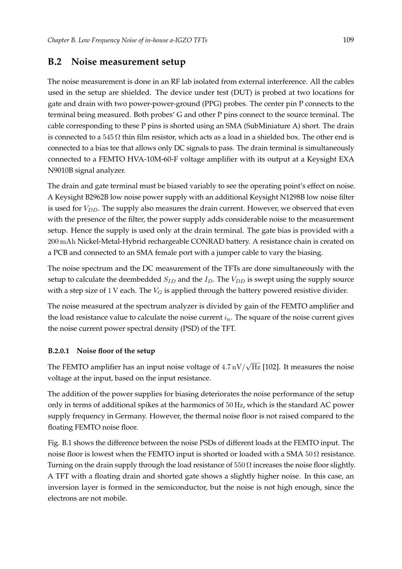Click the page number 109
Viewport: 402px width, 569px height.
pyautogui.click(x=348, y=40)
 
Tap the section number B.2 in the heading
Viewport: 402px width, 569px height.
pyautogui.click(x=55, y=62)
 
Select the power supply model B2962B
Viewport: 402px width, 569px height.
pyautogui.click(x=99, y=197)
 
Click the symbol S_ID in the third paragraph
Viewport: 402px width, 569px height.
pyautogui.click(x=169, y=280)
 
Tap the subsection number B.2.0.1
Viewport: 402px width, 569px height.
pyautogui.click(x=58, y=351)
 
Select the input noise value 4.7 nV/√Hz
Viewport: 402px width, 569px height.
pyautogui.click(x=241, y=367)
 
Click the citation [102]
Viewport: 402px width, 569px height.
pyautogui.click(x=271, y=367)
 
